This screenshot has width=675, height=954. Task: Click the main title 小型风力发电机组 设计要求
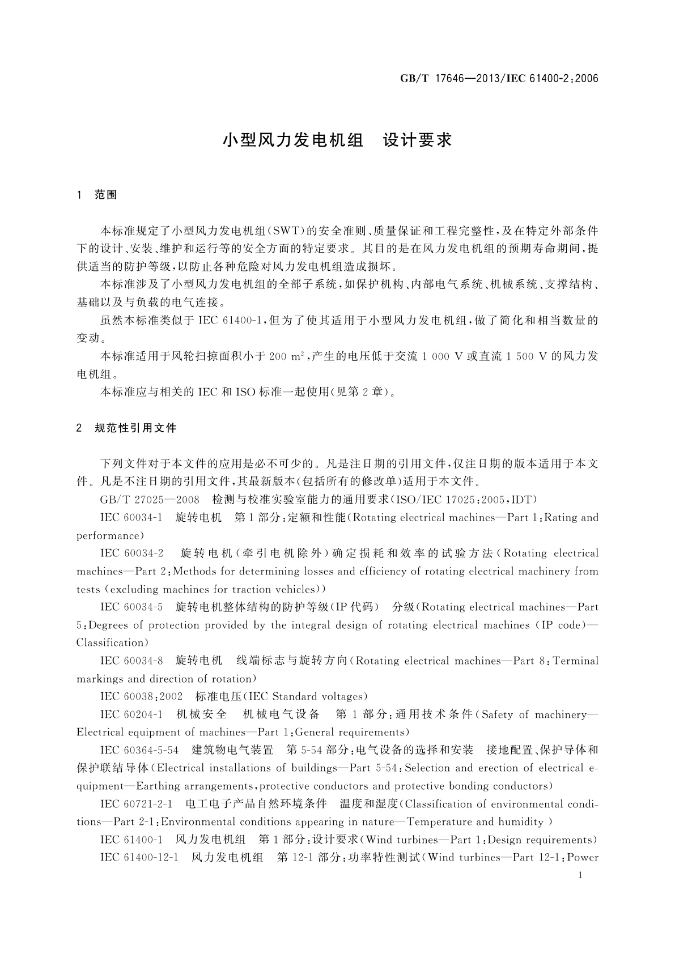[337, 140]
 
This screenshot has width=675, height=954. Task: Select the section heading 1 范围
[97, 195]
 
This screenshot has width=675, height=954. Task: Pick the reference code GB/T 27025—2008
[150, 500]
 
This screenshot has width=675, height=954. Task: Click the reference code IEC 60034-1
[131, 517]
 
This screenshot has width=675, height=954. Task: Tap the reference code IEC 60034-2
[131, 553]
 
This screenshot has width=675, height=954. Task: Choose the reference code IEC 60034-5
[131, 607]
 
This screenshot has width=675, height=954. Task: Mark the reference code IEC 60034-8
[131, 661]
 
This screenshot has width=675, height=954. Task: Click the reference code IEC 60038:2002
[141, 696]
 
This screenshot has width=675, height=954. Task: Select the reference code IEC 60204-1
[131, 714]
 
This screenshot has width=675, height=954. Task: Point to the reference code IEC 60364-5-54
[139, 750]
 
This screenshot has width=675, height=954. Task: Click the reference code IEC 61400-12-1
[139, 858]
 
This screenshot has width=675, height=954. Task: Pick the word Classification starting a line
[111, 643]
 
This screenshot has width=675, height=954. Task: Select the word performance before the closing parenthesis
[108, 535]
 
